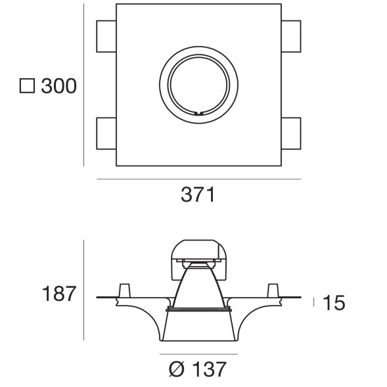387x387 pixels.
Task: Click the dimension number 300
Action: (x=58, y=86)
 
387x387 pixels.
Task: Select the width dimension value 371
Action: (x=198, y=195)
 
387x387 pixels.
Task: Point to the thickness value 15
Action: (x=334, y=303)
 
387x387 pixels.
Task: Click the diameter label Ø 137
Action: (x=198, y=370)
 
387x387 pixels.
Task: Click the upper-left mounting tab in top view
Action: (x=106, y=35)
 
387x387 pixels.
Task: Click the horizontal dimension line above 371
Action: (x=198, y=179)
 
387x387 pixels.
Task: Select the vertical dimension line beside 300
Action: (x=84, y=85)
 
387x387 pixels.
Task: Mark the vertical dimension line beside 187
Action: (x=84, y=290)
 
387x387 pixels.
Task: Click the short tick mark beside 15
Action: (x=314, y=302)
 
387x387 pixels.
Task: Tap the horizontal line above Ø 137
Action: (x=198, y=354)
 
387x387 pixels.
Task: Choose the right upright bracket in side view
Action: (x=272, y=290)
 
